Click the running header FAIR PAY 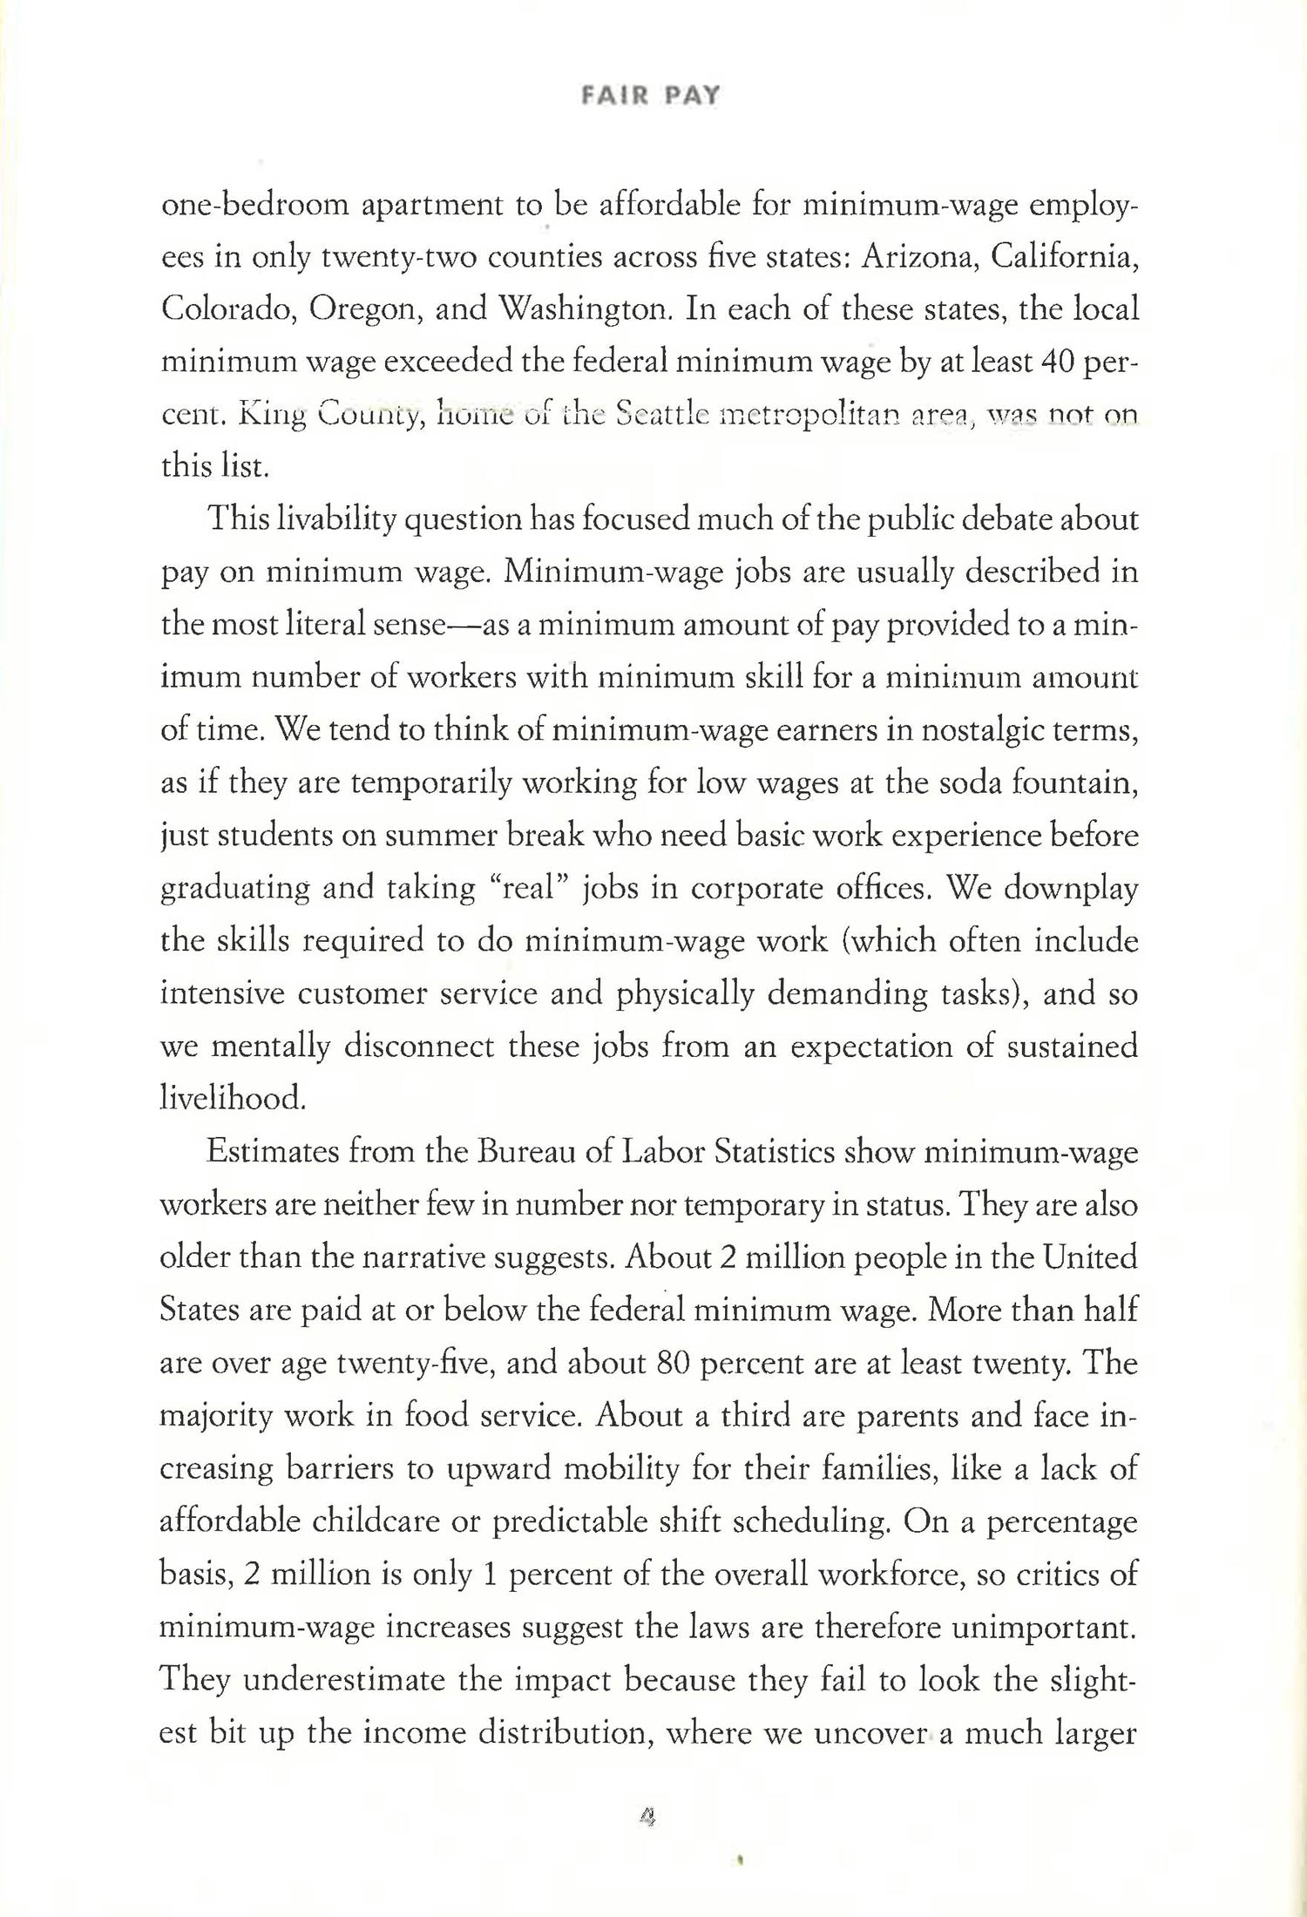click(x=650, y=96)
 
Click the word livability click(x=330, y=521)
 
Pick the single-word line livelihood click(x=234, y=1100)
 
